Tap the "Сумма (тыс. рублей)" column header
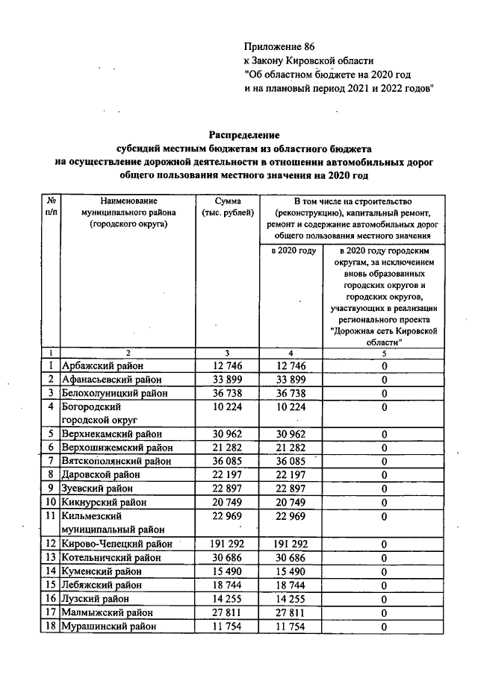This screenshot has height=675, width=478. tap(228, 207)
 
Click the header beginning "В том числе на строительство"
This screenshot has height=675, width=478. tap(354, 218)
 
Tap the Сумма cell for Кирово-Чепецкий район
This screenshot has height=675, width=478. tap(228, 544)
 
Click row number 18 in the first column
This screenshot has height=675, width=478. tap(49, 627)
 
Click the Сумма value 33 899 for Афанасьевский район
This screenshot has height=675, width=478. tap(228, 379)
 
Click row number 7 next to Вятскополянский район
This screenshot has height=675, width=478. tap(49, 461)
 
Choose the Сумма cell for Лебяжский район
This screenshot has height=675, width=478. tap(228, 585)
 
